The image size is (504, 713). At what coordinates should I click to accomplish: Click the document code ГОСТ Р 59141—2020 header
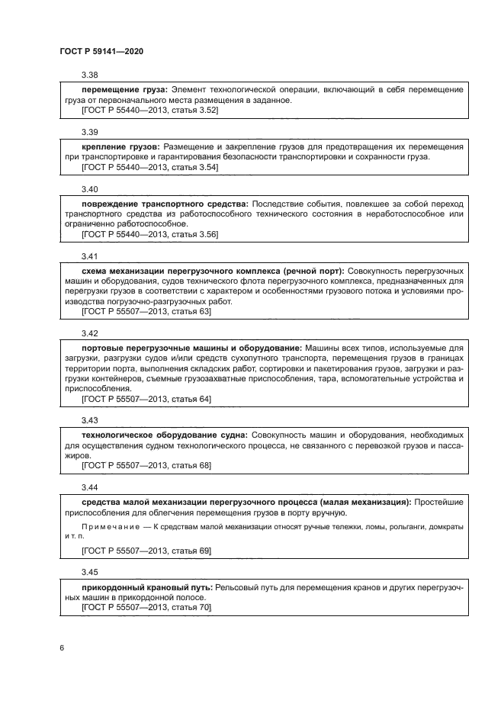[x=101, y=51]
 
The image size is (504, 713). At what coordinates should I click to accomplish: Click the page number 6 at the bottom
[x=62, y=648]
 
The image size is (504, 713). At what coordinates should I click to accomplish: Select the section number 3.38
[x=90, y=75]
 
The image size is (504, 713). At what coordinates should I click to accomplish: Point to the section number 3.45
[x=90, y=572]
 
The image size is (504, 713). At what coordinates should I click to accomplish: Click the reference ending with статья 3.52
[x=149, y=110]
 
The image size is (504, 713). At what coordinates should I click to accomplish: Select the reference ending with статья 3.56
[x=149, y=234]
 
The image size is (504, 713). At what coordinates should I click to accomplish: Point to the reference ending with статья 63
[x=146, y=312]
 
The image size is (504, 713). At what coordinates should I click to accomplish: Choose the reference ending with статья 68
[x=146, y=465]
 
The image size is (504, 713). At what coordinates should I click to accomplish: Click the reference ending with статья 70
[x=146, y=607]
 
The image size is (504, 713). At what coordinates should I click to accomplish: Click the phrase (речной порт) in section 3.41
[x=312, y=270]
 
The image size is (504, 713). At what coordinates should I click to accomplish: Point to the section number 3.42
[x=90, y=333]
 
